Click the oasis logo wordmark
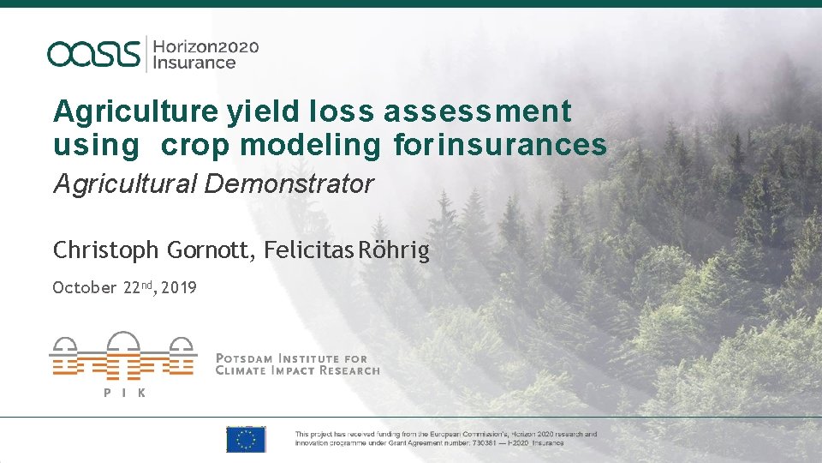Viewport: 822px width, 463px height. click(93, 53)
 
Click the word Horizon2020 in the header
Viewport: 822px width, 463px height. click(205, 45)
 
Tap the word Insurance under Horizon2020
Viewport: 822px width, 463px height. click(194, 63)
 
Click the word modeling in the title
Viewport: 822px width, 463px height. click(309, 147)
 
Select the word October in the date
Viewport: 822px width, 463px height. click(84, 288)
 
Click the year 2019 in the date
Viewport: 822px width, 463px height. click(178, 288)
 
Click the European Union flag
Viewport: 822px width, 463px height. click(246, 439)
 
